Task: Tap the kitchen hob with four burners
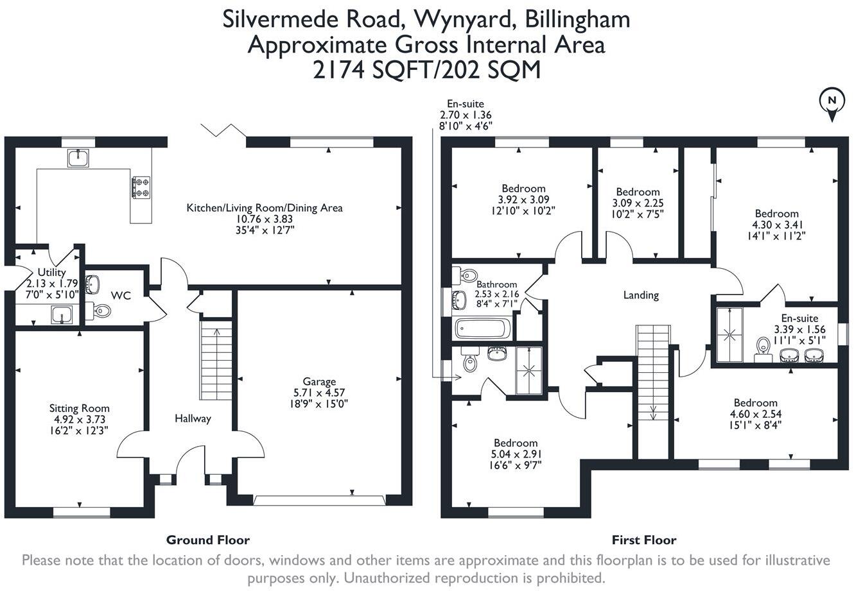141,187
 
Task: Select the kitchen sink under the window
78,157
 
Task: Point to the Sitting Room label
79,408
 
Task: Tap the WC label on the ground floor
121,295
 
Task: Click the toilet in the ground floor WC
100,311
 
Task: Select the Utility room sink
62,315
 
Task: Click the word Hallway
193,418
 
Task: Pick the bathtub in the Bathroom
482,329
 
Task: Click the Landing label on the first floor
641,295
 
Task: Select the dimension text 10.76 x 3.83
264,219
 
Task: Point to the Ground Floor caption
207,540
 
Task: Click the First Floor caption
643,540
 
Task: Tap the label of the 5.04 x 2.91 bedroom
516,443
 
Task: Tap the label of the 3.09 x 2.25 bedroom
638,192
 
